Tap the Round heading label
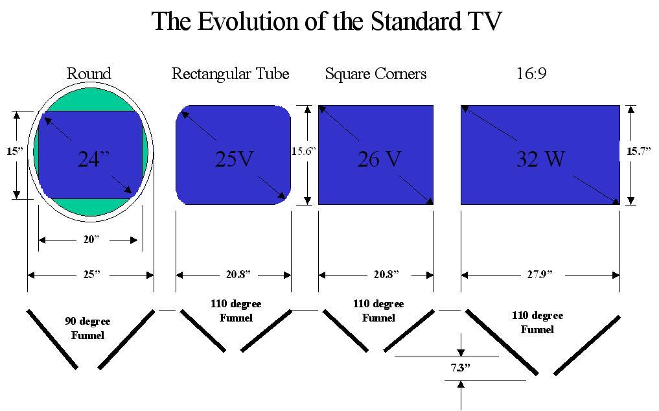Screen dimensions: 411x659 [89, 74]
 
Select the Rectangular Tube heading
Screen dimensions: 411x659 [230, 74]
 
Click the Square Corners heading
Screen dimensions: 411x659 [376, 74]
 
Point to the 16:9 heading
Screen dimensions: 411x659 [531, 74]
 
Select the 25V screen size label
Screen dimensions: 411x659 [234, 159]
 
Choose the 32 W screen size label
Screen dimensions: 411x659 [539, 159]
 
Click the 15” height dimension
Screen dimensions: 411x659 [16, 151]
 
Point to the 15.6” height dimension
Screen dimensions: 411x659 [303, 151]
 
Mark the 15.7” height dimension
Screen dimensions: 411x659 [638, 151]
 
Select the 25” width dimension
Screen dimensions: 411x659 [91, 275]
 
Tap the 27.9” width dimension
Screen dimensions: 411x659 [539, 275]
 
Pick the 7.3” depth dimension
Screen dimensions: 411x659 [460, 368]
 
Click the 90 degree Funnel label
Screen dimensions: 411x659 [87, 328]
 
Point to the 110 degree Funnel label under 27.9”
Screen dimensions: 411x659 [537, 322]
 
